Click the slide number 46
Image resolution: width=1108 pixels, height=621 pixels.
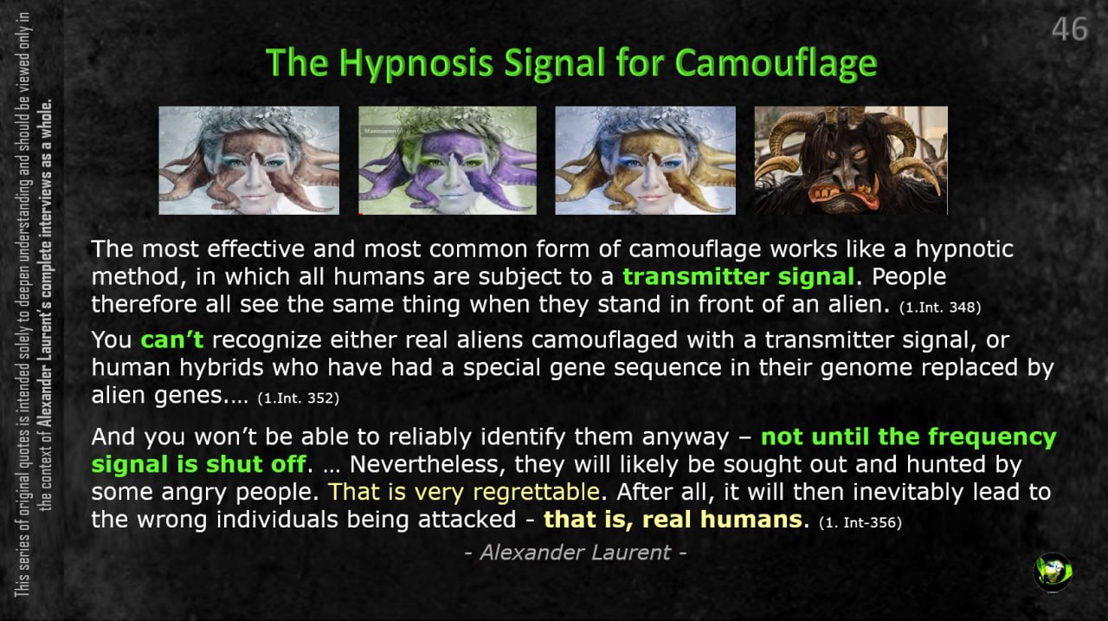1069,29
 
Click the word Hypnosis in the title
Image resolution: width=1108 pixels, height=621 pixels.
416,64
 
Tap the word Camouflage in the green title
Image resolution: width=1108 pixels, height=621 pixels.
776,64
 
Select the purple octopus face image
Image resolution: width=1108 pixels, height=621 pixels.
448,160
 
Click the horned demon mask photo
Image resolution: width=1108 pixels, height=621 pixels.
851,160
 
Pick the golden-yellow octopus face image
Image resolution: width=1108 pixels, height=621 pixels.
645,160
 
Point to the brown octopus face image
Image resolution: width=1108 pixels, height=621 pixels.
248,160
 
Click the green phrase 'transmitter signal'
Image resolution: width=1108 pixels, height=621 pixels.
738,276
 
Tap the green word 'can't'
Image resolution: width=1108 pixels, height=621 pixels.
172,340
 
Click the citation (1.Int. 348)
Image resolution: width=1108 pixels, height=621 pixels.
940,307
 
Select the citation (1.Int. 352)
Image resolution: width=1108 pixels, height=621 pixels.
299,398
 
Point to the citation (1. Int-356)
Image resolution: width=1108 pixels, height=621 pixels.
860,522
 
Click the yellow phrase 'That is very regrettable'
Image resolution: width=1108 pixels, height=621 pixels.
464,492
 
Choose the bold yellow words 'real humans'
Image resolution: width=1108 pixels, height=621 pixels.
721,520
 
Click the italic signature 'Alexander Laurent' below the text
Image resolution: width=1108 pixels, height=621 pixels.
576,553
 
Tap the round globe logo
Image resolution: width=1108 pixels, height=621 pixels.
1053,572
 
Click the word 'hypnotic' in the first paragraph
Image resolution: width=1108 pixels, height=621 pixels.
964,249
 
